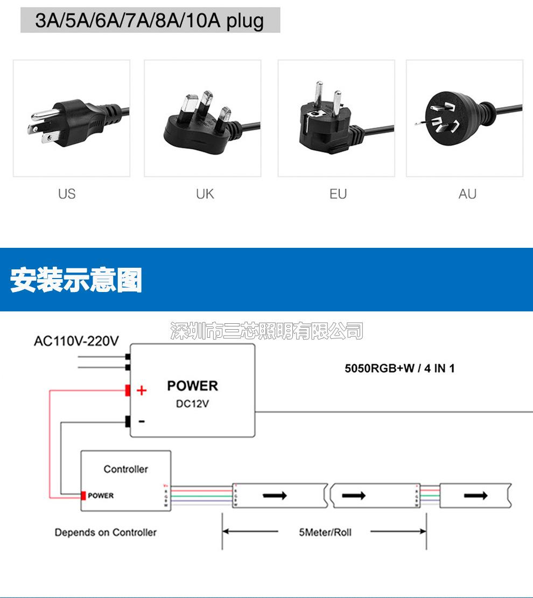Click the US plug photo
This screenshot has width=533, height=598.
click(x=72, y=119)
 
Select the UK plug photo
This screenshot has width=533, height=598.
click(x=202, y=119)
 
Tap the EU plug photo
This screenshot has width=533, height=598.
click(x=336, y=119)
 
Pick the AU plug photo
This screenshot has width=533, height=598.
click(x=464, y=119)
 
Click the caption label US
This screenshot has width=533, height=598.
click(x=67, y=194)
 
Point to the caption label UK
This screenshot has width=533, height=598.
click(x=205, y=194)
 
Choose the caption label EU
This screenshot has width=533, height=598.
click(x=338, y=194)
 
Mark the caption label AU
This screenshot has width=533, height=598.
click(x=467, y=194)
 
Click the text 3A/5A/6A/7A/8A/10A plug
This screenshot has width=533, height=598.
click(x=150, y=20)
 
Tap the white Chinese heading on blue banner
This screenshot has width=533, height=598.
click(x=76, y=280)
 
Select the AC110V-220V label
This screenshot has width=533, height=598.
click(x=76, y=341)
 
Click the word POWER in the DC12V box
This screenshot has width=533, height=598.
click(x=192, y=386)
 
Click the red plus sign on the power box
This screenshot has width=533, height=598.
click(x=142, y=391)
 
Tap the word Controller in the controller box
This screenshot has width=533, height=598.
click(x=125, y=469)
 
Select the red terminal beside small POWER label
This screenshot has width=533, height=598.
click(x=83, y=495)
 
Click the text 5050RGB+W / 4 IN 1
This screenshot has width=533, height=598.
click(x=399, y=368)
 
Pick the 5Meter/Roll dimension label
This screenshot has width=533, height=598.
click(x=325, y=532)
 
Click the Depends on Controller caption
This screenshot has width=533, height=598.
click(x=106, y=532)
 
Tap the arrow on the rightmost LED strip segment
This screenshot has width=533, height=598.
click(x=476, y=495)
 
